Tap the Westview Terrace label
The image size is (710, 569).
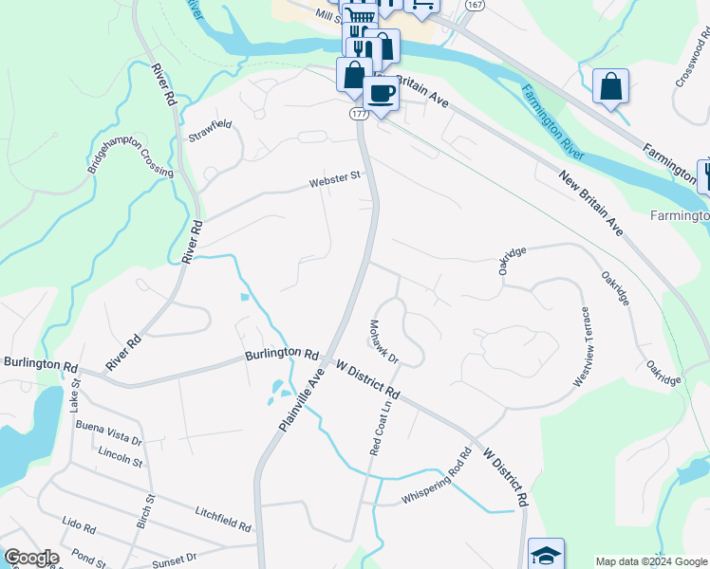582,346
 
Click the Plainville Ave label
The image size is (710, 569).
303,399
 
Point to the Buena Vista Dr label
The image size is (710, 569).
108,433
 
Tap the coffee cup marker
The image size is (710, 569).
381,94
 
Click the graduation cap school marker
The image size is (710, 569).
546,556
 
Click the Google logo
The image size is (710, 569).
32,558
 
